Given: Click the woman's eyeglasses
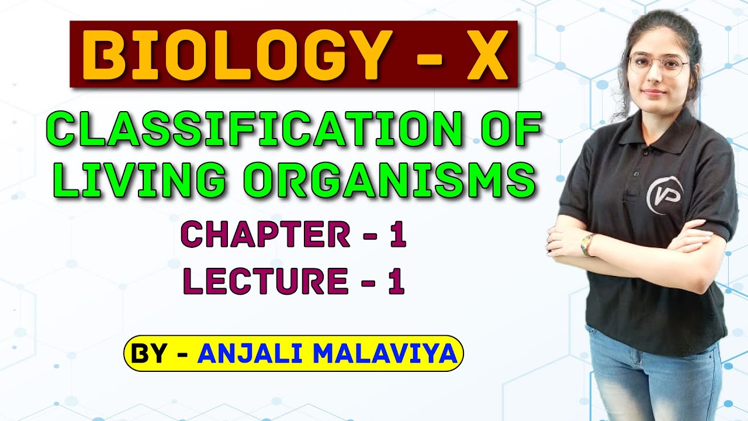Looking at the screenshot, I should (x=657, y=65).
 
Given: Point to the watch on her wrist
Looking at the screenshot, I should (x=587, y=244).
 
